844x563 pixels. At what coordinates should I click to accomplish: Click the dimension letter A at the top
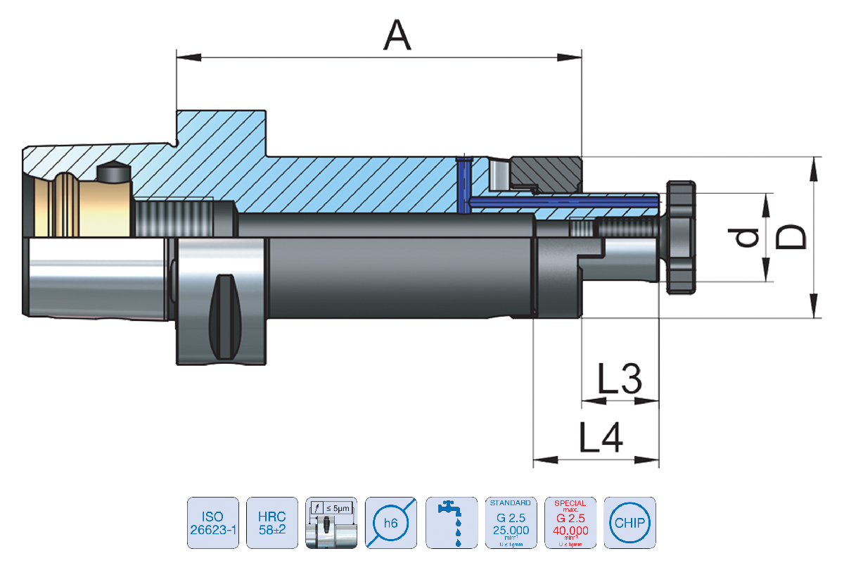tap(397, 35)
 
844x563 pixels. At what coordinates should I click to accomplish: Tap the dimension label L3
tap(620, 379)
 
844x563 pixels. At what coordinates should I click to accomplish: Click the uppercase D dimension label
tap(791, 236)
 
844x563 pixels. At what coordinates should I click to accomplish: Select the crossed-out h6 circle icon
tap(392, 523)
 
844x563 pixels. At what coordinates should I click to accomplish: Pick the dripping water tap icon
tap(451, 523)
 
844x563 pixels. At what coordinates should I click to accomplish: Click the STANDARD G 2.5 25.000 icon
tap(510, 523)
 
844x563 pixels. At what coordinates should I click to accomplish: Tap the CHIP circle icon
tap(629, 523)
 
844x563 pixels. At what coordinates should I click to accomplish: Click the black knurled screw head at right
tap(682, 236)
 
